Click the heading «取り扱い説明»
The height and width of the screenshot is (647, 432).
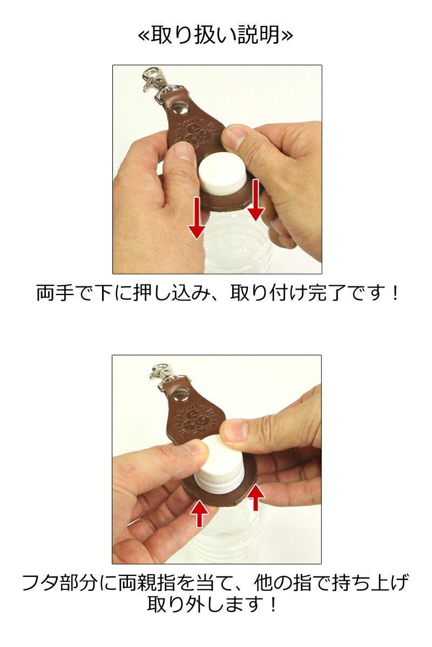pos(216,36)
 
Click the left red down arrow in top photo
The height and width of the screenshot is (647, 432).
pos(197,218)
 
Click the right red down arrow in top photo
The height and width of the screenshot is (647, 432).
pos(255,201)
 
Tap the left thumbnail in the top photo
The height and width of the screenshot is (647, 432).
pos(184,152)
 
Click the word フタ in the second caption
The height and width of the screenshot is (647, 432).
pos(44,583)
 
